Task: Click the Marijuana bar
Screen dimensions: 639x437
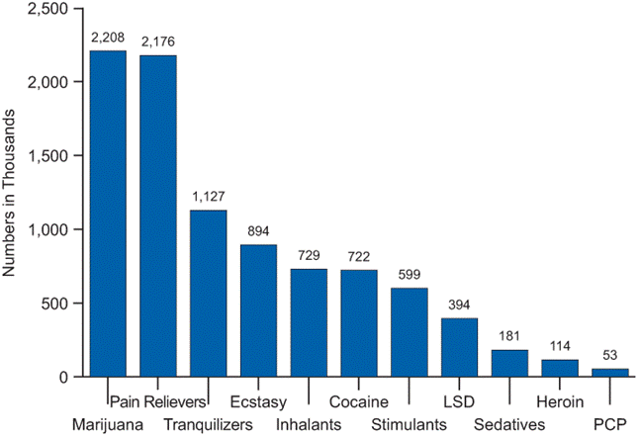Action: click(x=108, y=214)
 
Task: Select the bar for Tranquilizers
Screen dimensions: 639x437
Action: click(x=209, y=294)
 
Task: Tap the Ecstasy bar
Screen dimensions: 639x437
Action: click(x=258, y=310)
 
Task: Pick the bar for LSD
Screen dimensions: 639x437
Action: click(x=459, y=347)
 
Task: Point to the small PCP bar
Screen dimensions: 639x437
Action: click(x=610, y=373)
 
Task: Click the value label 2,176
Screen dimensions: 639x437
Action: click(x=158, y=42)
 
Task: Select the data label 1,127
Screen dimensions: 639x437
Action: click(x=209, y=197)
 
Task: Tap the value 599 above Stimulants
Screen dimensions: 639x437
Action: click(x=410, y=275)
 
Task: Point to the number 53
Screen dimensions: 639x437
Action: click(x=610, y=355)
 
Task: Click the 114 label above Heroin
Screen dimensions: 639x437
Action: click(x=560, y=346)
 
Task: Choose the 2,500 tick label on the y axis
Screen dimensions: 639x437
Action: click(x=48, y=9)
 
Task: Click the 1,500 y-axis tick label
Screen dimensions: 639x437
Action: click(x=48, y=155)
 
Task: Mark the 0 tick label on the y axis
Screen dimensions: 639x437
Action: click(x=63, y=378)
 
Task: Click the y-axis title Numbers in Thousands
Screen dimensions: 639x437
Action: click(x=9, y=193)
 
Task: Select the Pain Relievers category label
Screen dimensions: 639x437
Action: click(x=158, y=402)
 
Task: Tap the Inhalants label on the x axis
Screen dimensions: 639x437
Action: click(x=309, y=425)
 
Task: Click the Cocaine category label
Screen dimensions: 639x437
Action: click(x=359, y=402)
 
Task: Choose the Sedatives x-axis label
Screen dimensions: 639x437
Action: click(x=509, y=425)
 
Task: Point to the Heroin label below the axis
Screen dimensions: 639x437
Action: click(x=560, y=402)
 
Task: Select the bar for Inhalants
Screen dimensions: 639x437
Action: click(x=309, y=322)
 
